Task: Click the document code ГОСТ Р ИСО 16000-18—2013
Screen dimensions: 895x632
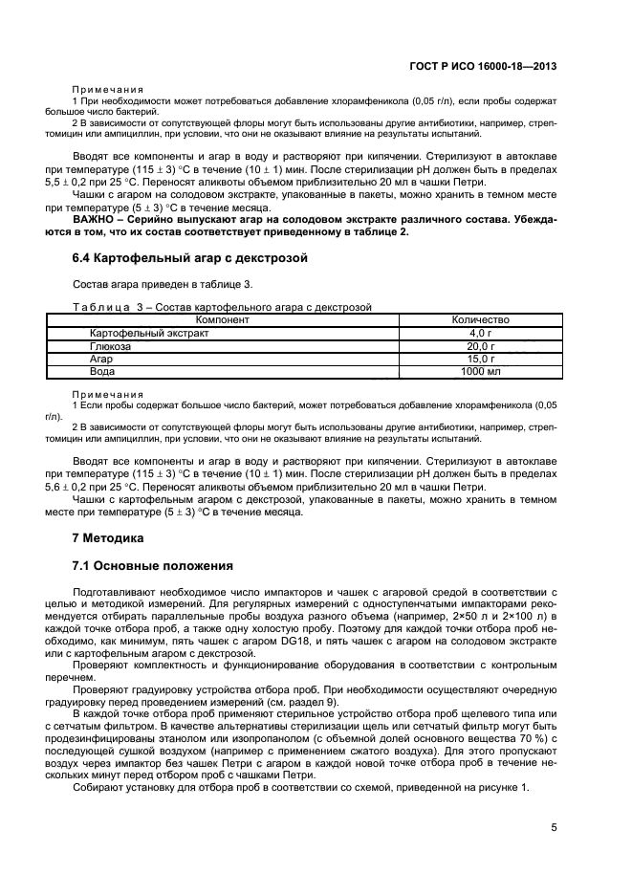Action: (x=485, y=67)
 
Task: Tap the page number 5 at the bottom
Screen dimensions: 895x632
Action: (x=554, y=828)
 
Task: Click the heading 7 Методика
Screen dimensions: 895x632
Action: (x=108, y=537)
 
